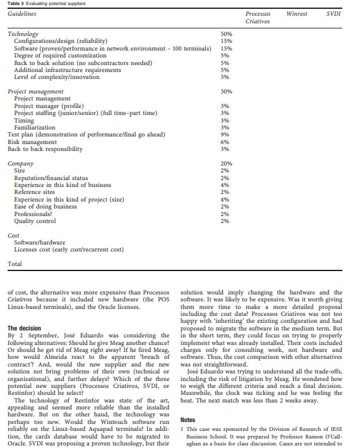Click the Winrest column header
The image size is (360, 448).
coord(297,13)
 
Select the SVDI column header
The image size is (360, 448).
coord(333,13)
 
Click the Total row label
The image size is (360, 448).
coord(14,263)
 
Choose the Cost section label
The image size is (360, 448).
coord(14,236)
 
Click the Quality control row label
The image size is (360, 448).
coord(35,221)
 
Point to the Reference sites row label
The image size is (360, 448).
coord(37,192)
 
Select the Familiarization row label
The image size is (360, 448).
coord(35,127)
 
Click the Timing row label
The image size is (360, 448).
coord(24,120)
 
